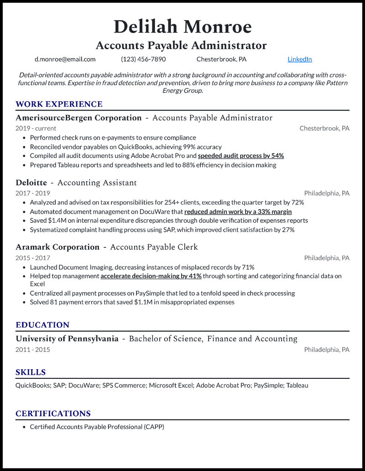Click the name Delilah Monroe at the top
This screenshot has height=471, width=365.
(x=182, y=27)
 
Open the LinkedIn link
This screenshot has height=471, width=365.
(x=300, y=59)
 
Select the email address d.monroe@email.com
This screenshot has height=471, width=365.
(x=65, y=59)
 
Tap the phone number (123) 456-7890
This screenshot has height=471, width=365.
(x=143, y=59)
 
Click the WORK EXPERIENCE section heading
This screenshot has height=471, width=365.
(x=59, y=104)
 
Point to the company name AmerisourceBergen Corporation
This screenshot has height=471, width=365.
(x=78, y=118)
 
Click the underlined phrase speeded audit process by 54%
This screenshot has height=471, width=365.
(x=241, y=156)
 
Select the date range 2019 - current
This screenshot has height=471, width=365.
(x=36, y=128)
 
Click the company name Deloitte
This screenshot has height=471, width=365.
(x=31, y=183)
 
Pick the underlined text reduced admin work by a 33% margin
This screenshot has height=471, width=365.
(x=238, y=211)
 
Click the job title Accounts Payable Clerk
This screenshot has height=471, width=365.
(x=154, y=247)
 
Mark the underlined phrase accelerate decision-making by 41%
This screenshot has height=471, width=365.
(x=151, y=276)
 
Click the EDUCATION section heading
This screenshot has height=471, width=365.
(x=42, y=325)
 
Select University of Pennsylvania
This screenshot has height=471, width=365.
(x=67, y=339)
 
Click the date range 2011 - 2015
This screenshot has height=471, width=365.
(x=33, y=350)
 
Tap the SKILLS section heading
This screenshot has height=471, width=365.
(x=31, y=372)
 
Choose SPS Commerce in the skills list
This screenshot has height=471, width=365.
(x=124, y=385)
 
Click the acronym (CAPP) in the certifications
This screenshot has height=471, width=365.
(x=154, y=427)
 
